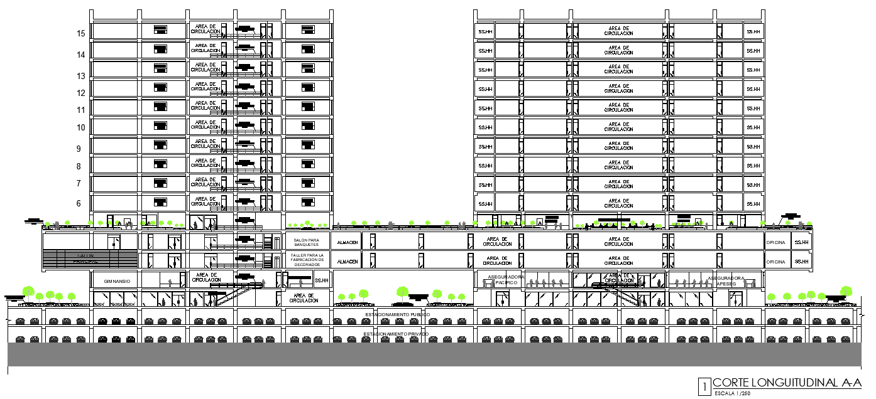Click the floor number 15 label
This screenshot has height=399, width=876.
[80, 34]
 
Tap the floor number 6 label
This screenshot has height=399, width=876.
[79, 204]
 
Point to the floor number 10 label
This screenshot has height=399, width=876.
[80, 128]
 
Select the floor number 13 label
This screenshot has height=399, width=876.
[80, 76]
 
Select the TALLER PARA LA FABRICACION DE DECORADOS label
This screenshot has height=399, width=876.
[307, 260]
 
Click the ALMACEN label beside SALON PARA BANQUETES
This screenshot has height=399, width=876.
[348, 242]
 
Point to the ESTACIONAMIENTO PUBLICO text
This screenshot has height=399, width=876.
[397, 314]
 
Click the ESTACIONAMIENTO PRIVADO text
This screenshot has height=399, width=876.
[396, 334]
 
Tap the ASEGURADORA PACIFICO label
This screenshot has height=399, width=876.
[506, 280]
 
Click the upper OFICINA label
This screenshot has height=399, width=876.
[775, 242]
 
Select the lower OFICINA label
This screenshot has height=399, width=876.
[775, 262]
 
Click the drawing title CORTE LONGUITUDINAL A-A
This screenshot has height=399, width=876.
[787, 383]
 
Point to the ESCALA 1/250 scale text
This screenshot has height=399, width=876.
[731, 393]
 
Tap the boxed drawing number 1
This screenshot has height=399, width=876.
[705, 385]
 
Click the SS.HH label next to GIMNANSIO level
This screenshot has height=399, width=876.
[322, 281]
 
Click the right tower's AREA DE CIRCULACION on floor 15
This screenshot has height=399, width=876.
[620, 31]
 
